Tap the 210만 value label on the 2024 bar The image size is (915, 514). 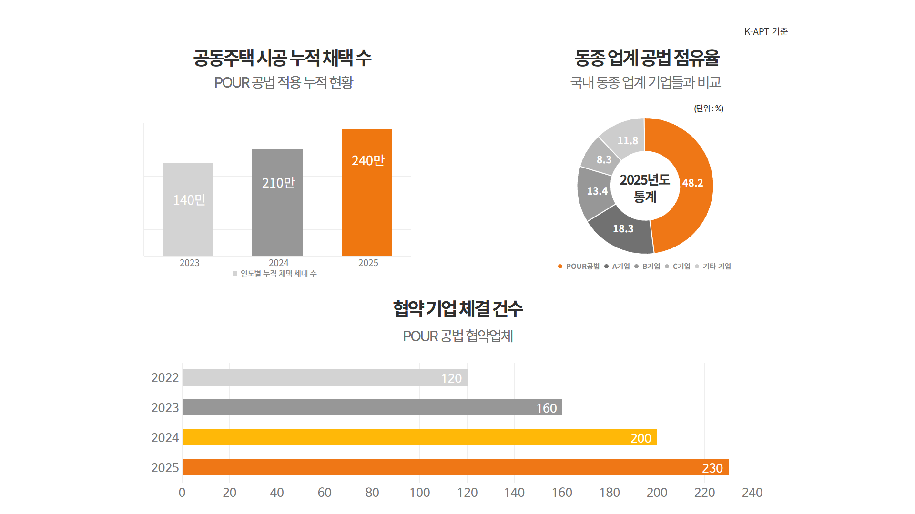coord(278,183)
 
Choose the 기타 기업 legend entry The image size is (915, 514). coord(716,267)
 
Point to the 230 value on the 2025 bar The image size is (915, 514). coord(712,468)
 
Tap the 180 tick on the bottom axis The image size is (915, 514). coord(610,493)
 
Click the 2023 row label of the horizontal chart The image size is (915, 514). coord(165,408)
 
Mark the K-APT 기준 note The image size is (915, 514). coord(766,31)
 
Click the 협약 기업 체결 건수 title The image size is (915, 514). coord(457,308)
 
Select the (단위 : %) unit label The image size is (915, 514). coord(709,109)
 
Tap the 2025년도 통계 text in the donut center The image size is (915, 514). coord(645,188)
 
